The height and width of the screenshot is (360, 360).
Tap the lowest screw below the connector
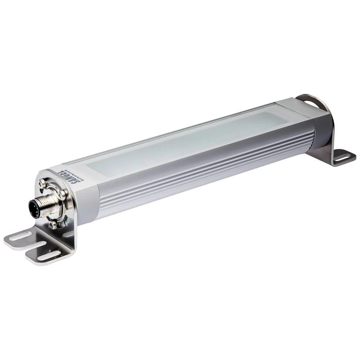click(53, 225)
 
